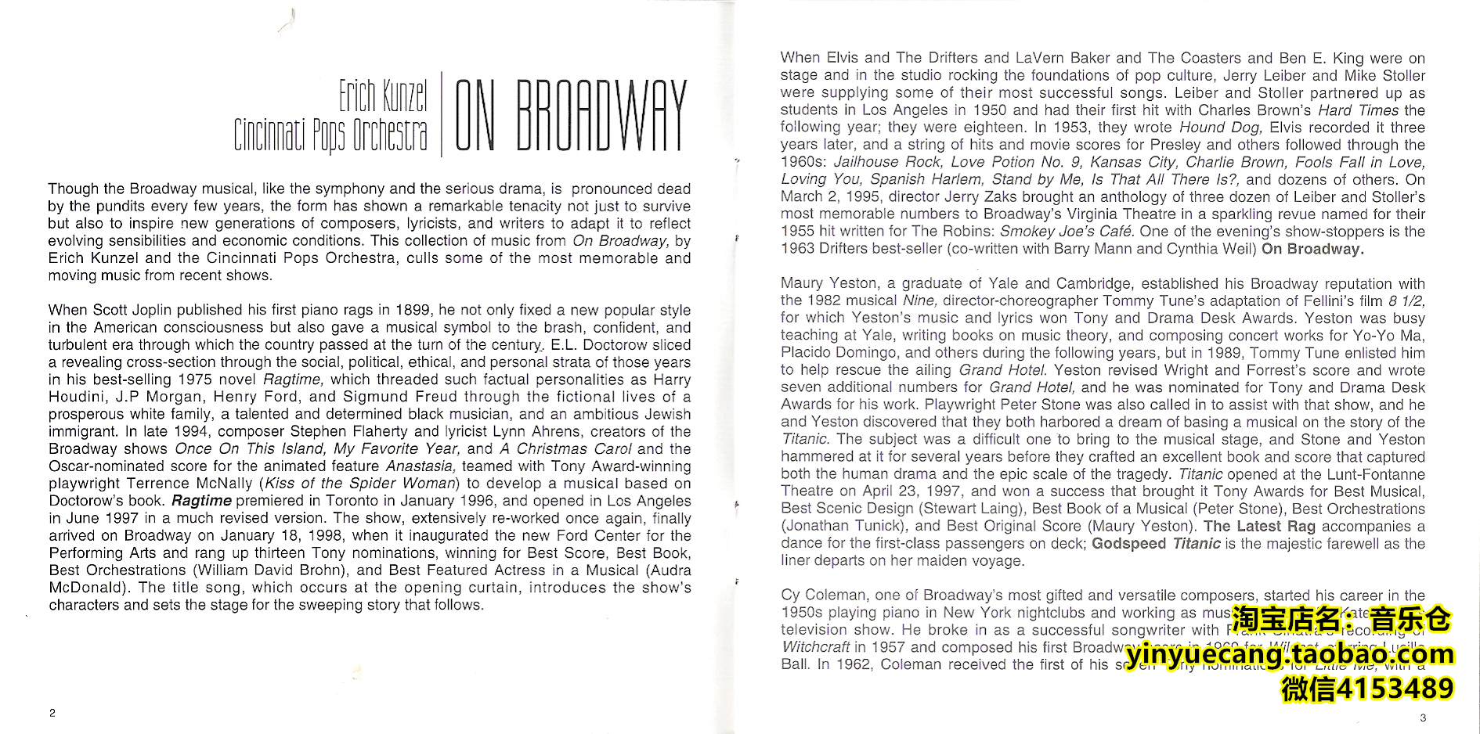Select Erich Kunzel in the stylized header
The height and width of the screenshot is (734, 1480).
383,96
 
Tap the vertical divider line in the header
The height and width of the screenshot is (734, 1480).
442,114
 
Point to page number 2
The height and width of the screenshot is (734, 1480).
52,713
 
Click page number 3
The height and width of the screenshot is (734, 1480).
1423,718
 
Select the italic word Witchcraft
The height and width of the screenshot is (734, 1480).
814,647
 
